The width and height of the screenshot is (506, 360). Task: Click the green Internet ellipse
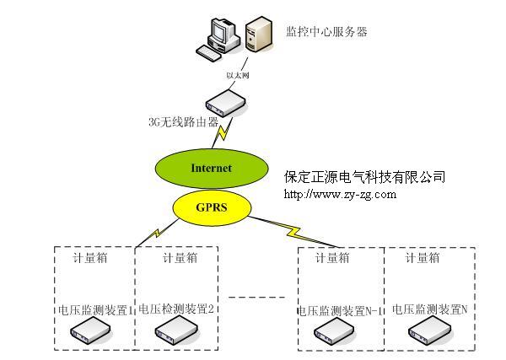click(211, 168)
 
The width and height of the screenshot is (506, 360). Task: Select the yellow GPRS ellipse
click(212, 205)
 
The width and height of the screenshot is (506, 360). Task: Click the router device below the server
click(227, 104)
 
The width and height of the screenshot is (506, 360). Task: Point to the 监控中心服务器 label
click(327, 32)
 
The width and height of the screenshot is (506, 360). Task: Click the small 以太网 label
click(239, 76)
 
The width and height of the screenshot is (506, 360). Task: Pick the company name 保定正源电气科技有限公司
click(365, 177)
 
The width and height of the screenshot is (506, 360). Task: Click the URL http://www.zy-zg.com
click(340, 195)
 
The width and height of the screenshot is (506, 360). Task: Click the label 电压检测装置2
click(177, 309)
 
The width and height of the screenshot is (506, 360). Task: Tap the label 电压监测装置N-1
click(341, 310)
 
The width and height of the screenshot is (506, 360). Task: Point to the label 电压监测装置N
click(429, 309)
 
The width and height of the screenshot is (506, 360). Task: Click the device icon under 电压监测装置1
click(90, 334)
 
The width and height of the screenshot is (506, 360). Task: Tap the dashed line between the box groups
click(258, 297)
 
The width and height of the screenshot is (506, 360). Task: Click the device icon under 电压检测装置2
click(175, 334)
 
